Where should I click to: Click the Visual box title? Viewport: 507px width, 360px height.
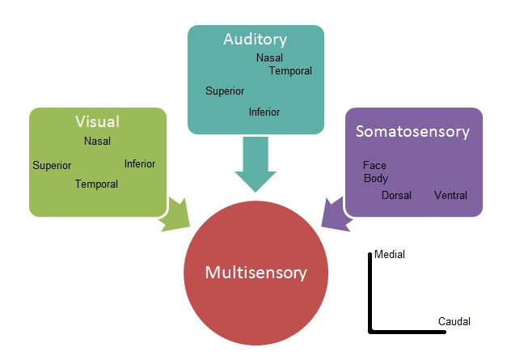pyautogui.click(x=97, y=122)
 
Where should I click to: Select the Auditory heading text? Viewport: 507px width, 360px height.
pyautogui.click(x=256, y=39)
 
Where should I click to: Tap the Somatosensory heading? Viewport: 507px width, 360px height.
pyautogui.click(x=413, y=131)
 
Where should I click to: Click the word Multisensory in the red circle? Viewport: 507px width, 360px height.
pyautogui.click(x=256, y=273)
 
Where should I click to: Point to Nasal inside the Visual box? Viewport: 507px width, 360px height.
pyautogui.click(x=97, y=142)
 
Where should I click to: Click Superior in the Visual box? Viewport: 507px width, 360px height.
pyautogui.click(x=52, y=166)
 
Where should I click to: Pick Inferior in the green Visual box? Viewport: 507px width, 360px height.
pyautogui.click(x=140, y=164)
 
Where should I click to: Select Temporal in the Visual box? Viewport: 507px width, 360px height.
pyautogui.click(x=96, y=184)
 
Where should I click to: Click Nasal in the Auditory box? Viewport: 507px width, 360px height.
pyautogui.click(x=269, y=58)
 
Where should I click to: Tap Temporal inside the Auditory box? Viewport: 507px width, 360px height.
pyautogui.click(x=290, y=71)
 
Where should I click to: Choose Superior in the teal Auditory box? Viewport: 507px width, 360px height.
pyautogui.click(x=225, y=91)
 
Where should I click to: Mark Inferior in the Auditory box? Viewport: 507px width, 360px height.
pyautogui.click(x=264, y=112)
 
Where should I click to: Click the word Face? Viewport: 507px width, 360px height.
pyautogui.click(x=374, y=166)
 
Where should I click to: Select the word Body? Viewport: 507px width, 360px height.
pyautogui.click(x=376, y=179)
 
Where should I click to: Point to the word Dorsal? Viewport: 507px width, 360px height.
pyautogui.click(x=396, y=196)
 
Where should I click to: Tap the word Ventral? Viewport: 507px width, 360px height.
pyautogui.click(x=450, y=196)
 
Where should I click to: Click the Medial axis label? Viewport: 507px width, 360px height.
pyautogui.click(x=390, y=255)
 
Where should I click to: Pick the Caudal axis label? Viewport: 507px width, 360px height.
pyautogui.click(x=454, y=322)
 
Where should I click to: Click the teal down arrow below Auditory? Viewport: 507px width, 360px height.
pyautogui.click(x=256, y=165)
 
